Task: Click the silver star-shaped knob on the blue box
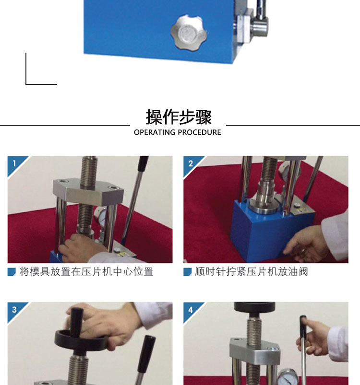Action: click(189, 32)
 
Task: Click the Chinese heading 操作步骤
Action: click(179, 117)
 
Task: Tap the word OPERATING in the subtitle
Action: click(155, 132)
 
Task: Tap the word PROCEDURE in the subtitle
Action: click(199, 132)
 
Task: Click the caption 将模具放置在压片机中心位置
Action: click(86, 272)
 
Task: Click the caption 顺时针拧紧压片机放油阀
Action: click(252, 272)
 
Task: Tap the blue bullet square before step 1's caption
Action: click(12, 272)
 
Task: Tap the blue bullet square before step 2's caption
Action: click(188, 272)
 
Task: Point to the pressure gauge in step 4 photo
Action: click(288, 377)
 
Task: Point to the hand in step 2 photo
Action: click(305, 245)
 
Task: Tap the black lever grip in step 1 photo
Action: click(144, 164)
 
